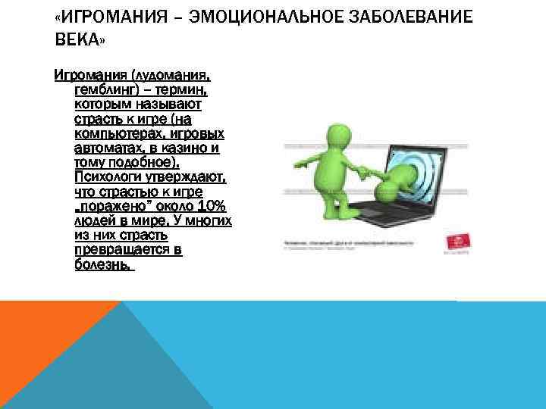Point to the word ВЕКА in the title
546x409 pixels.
point(76,39)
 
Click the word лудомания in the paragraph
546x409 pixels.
point(171,76)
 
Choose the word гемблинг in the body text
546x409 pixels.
point(102,90)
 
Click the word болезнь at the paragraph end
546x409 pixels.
point(103,265)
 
